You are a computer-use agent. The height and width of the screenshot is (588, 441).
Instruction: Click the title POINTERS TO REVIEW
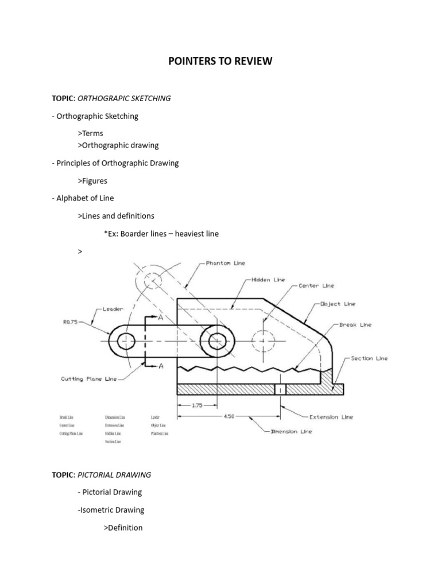tap(220, 61)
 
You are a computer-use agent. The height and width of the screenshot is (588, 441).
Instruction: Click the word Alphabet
tap(74, 198)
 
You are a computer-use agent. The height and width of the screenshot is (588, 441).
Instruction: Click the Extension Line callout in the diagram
tap(331, 417)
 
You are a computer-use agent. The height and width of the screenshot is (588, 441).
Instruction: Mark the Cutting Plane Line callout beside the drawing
tap(88, 379)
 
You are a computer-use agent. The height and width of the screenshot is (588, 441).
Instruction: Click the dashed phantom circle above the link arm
tap(150, 281)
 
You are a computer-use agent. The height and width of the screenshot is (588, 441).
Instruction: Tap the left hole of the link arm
tap(126, 341)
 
